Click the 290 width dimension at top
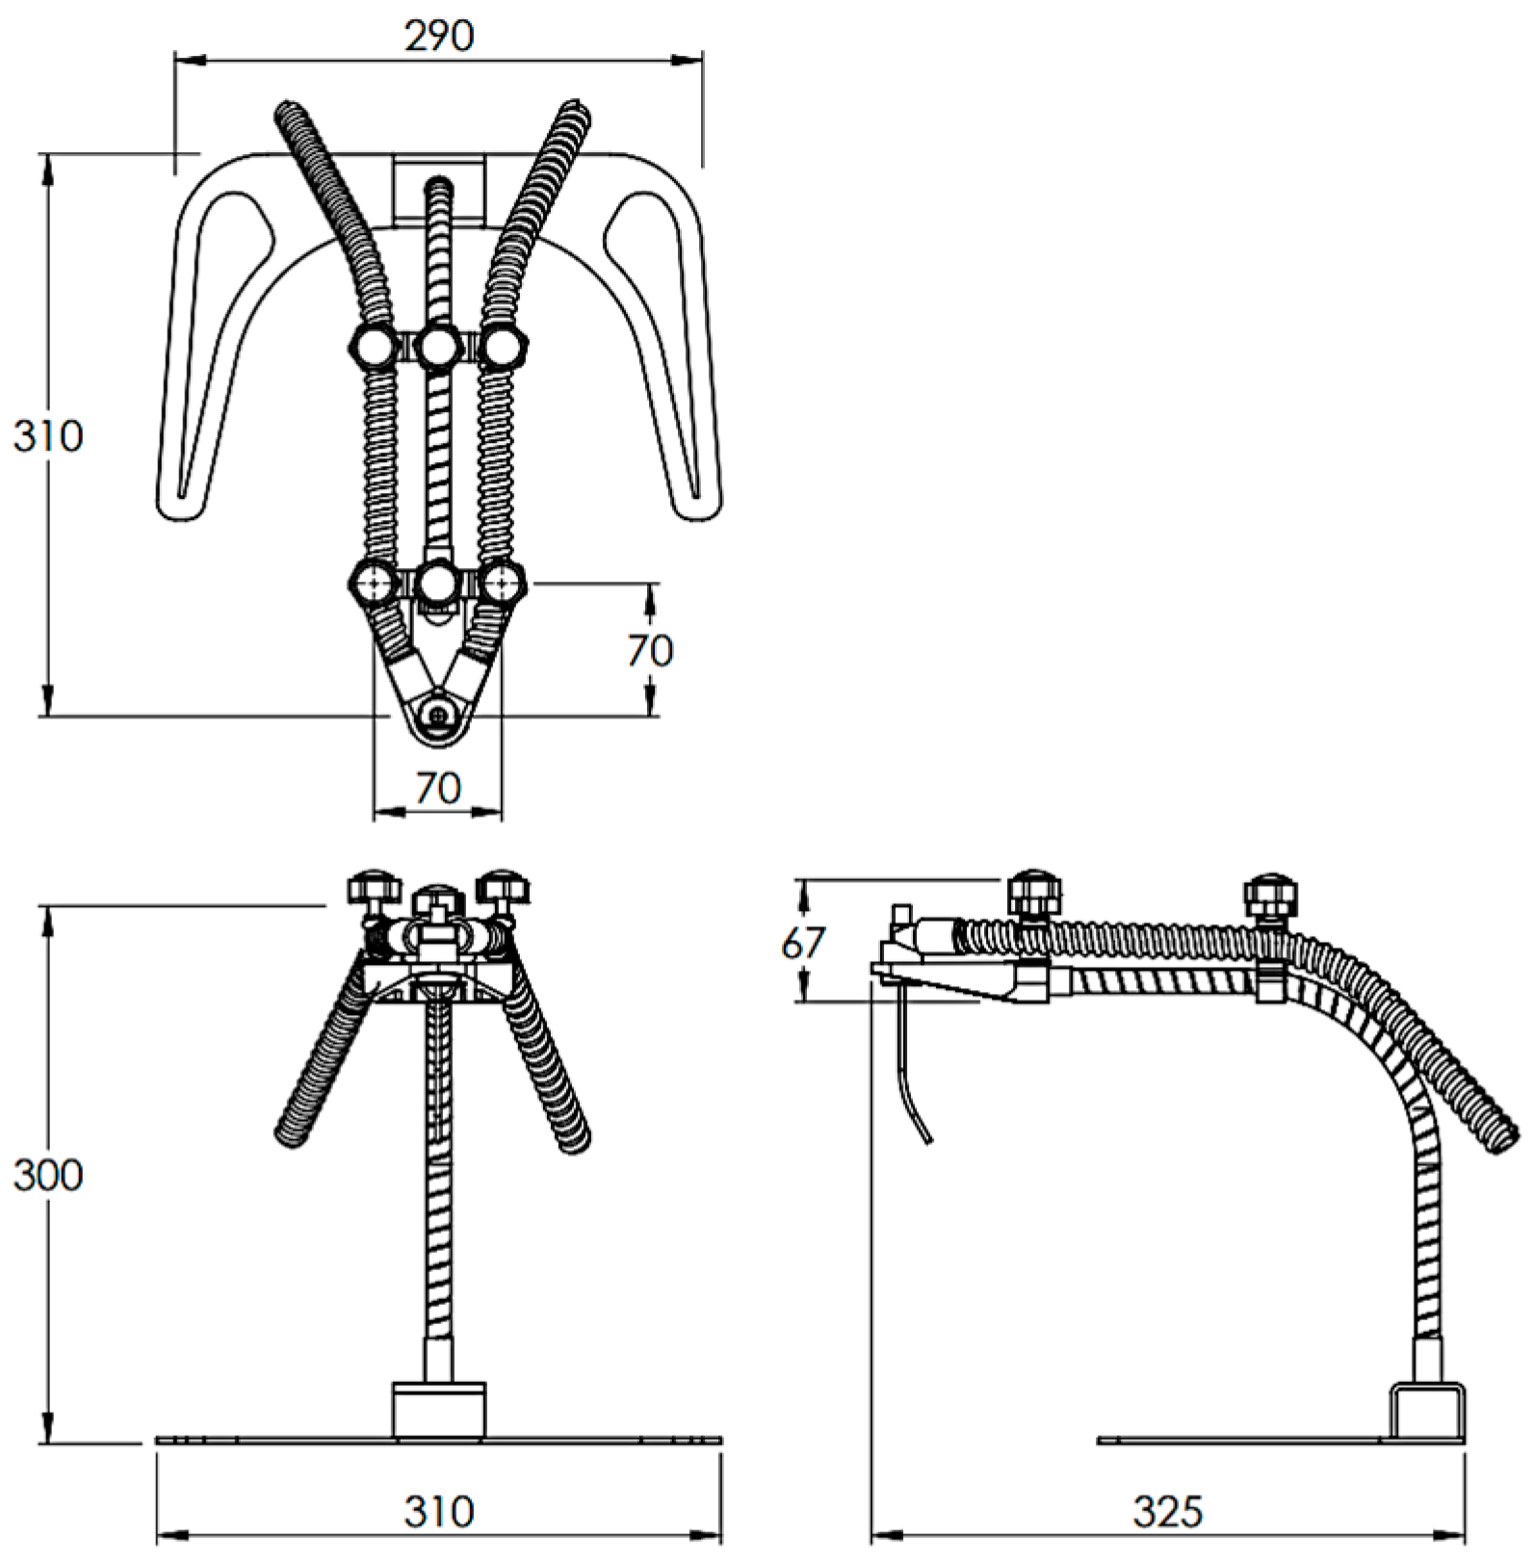pos(439,36)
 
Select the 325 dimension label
pos(1167,1512)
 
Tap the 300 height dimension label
pos(48,1175)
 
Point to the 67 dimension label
pos(802,943)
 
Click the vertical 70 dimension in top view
pos(650,651)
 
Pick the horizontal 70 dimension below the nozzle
pos(438,789)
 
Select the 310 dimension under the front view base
pos(438,1512)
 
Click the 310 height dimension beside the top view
pos(48,436)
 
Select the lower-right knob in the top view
pos(503,582)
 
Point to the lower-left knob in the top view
pos(373,582)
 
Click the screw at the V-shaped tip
pos(439,715)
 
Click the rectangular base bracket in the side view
pos(1428,1414)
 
